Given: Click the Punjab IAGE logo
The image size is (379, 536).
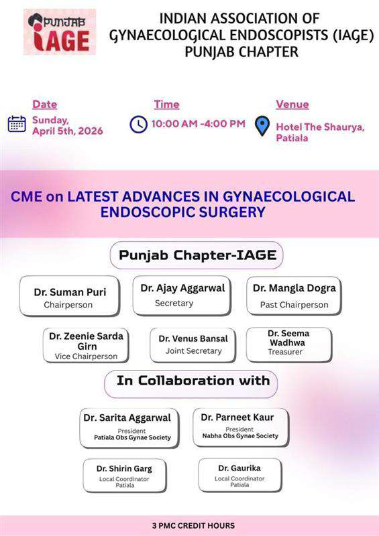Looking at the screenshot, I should point(60,31).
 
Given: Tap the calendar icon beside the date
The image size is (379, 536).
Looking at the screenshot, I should point(17,124).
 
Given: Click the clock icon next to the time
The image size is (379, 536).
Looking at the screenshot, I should point(138,124).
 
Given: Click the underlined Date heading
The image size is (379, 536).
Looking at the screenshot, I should point(45,105).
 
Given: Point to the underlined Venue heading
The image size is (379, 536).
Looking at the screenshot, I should point(292,105).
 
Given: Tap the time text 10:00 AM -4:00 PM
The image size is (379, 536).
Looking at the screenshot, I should point(198,124).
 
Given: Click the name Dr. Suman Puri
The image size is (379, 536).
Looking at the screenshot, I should point(70,292).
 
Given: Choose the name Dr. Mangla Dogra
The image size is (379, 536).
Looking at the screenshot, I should point(294,288).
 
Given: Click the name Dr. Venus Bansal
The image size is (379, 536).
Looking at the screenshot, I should point(193,338).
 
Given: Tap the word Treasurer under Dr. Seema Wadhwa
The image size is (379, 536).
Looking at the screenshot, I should point(286,351).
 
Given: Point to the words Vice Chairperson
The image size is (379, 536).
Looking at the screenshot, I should point(86,356).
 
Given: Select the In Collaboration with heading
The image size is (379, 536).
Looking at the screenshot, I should point(193,381).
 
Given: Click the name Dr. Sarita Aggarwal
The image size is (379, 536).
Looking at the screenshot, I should point(127,417).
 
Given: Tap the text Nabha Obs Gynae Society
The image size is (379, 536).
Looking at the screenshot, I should point(239,436).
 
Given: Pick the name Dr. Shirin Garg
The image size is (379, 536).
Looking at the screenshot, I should point(124,468).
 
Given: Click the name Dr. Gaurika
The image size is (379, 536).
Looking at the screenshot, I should point(239,467).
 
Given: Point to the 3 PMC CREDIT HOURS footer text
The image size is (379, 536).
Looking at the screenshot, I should point(193,525).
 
